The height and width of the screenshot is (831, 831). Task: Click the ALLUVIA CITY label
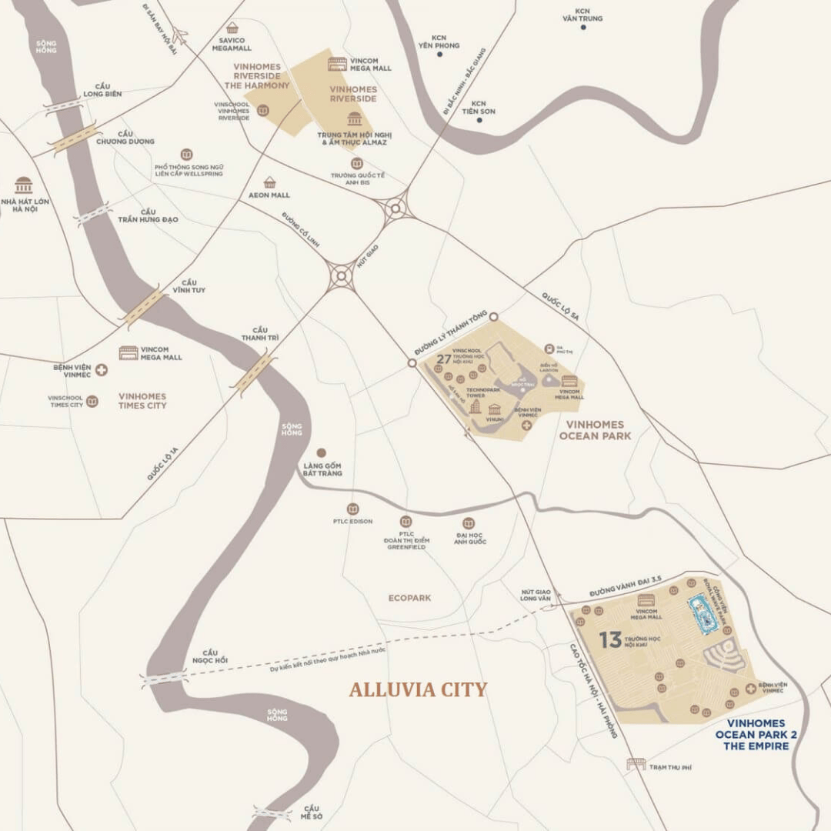pyautogui.click(x=418, y=689)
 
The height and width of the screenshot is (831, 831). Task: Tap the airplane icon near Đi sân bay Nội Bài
pyautogui.click(x=180, y=35)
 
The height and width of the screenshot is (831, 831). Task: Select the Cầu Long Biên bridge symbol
pyautogui.click(x=63, y=107)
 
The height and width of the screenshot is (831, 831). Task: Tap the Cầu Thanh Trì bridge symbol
pyautogui.click(x=253, y=372)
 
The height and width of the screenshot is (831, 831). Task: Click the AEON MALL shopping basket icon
pyautogui.click(x=269, y=182)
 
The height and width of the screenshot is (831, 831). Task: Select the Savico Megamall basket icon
pyautogui.click(x=232, y=28)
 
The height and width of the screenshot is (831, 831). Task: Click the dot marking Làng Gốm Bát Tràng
pyautogui.click(x=322, y=453)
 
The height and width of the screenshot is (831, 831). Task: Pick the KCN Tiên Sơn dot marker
pyautogui.click(x=479, y=119)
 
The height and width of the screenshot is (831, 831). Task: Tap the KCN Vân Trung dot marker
pyautogui.click(x=582, y=27)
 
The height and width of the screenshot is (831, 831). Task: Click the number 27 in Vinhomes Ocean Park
pyautogui.click(x=444, y=359)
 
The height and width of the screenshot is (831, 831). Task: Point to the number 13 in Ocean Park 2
pyautogui.click(x=610, y=639)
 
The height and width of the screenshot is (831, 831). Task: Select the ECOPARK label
pyautogui.click(x=409, y=598)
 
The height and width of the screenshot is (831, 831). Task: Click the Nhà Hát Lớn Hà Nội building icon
pyautogui.click(x=24, y=185)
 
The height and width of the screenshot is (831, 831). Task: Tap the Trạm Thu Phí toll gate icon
pyautogui.click(x=636, y=763)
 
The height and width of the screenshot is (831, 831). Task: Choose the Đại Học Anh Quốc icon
pyautogui.click(x=468, y=523)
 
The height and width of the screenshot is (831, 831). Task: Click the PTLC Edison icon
pyautogui.click(x=352, y=509)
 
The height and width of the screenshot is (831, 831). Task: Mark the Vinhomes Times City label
pyautogui.click(x=142, y=401)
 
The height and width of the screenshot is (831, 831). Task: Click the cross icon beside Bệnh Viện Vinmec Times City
pyautogui.click(x=101, y=370)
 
